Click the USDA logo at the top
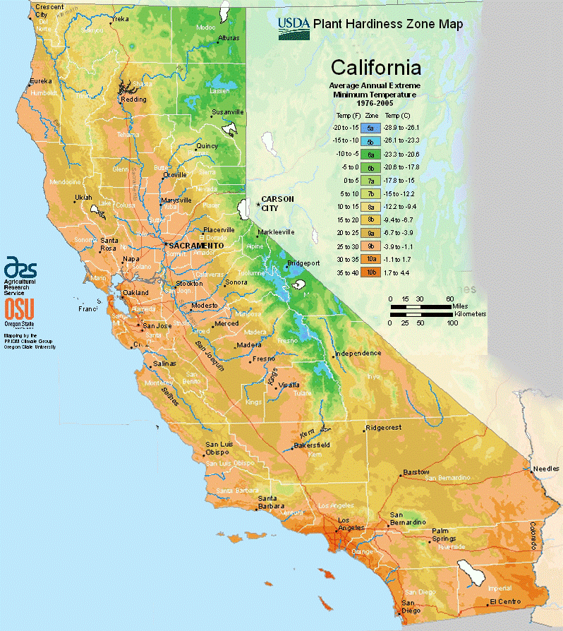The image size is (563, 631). pos(293,27)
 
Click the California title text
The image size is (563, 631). pos(376,68)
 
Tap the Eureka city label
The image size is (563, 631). pos(40,82)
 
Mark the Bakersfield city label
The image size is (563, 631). pos(313,445)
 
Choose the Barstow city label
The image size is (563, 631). pos(416,471)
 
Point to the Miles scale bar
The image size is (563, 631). pos(421,306)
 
